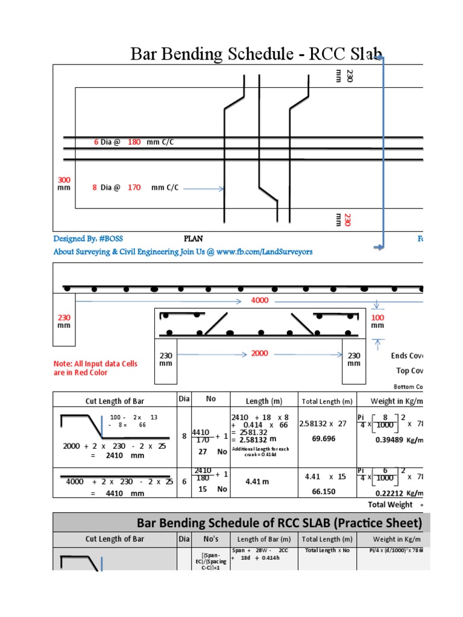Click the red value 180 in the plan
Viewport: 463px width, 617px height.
pyautogui.click(x=134, y=142)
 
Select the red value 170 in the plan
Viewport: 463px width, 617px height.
pyautogui.click(x=134, y=187)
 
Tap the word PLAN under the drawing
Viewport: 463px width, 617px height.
pyautogui.click(x=194, y=239)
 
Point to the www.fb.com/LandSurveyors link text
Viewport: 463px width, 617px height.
pyautogui.click(x=265, y=251)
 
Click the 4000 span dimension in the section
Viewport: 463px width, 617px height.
pyautogui.click(x=260, y=300)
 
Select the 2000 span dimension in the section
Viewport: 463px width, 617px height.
pyautogui.click(x=260, y=353)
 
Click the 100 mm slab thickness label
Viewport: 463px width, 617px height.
pyautogui.click(x=377, y=321)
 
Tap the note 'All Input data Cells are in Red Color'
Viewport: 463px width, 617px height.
pyautogui.click(x=96, y=368)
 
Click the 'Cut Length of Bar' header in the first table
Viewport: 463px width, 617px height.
pyautogui.click(x=115, y=401)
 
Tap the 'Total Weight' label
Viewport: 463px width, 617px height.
pyautogui.click(x=391, y=504)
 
